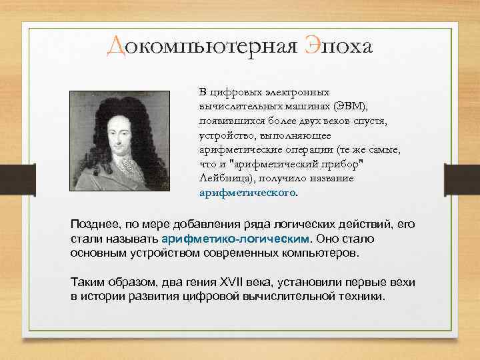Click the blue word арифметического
pyautogui.click(x=247, y=193)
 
